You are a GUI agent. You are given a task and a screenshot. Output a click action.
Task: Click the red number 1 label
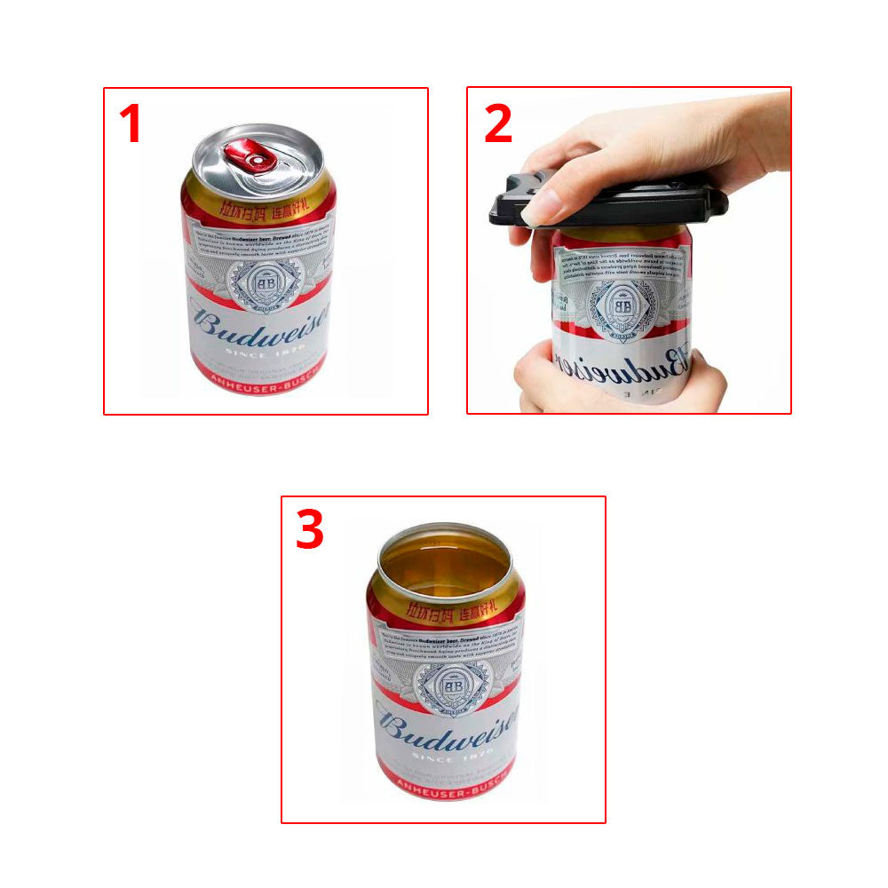(131, 123)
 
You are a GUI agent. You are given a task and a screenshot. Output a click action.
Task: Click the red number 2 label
(497, 123)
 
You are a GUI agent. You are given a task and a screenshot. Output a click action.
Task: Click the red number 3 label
(309, 530)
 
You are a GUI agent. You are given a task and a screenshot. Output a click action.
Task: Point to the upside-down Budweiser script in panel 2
(622, 360)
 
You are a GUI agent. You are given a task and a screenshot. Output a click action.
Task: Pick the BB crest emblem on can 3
(452, 686)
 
